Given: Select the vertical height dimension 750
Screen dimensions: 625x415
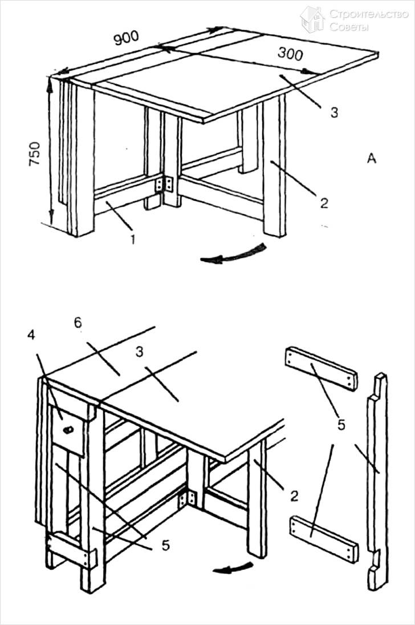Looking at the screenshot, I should coord(35,154).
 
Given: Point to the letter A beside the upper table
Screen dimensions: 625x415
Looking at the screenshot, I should coord(371,159).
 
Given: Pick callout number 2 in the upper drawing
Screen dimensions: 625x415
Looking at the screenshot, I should coord(323,202).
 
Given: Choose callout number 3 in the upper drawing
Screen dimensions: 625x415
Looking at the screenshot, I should coord(334,112).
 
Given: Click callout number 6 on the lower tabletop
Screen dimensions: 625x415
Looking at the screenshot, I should coord(78,322).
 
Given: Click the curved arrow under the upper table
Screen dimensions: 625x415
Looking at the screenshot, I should coord(233,255).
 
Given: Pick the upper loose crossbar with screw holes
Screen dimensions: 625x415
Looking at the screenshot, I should coord(321,368).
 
